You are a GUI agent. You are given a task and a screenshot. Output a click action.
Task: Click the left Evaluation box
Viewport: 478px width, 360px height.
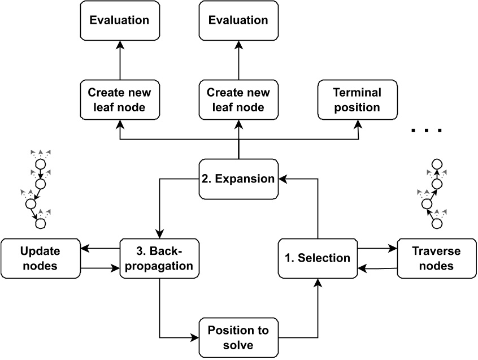(119, 20)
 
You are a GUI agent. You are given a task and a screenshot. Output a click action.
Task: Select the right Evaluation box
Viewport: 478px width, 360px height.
(238, 20)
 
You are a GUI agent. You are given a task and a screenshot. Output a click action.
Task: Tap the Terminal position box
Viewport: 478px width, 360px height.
(357, 99)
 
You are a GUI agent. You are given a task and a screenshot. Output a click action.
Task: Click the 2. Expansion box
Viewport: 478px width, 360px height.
(238, 179)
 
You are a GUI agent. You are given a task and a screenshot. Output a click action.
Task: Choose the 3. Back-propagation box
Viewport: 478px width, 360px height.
(159, 258)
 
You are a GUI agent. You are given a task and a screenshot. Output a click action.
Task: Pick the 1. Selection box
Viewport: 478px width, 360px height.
(317, 258)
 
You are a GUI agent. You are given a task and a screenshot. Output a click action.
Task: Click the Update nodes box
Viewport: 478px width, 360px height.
(40, 258)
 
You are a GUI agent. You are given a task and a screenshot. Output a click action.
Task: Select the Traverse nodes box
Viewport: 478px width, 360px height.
(436, 258)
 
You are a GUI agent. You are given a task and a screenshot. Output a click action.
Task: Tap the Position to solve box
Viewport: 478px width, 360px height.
(238, 337)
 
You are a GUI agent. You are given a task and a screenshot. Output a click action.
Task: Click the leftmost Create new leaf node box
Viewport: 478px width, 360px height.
(119, 99)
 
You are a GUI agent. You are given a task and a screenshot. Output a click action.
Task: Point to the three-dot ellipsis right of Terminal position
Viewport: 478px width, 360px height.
(427, 131)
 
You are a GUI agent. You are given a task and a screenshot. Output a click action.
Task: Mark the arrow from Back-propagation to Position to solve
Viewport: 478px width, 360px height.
(160, 316)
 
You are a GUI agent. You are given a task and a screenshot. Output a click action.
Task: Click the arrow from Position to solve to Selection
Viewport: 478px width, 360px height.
(318, 316)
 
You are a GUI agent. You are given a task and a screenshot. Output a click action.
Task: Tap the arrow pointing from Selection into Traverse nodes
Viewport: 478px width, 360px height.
(377, 248)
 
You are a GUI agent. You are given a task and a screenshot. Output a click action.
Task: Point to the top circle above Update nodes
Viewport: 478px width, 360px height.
(40, 164)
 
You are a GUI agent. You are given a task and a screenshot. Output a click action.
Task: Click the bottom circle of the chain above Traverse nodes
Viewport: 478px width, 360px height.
(435, 224)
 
